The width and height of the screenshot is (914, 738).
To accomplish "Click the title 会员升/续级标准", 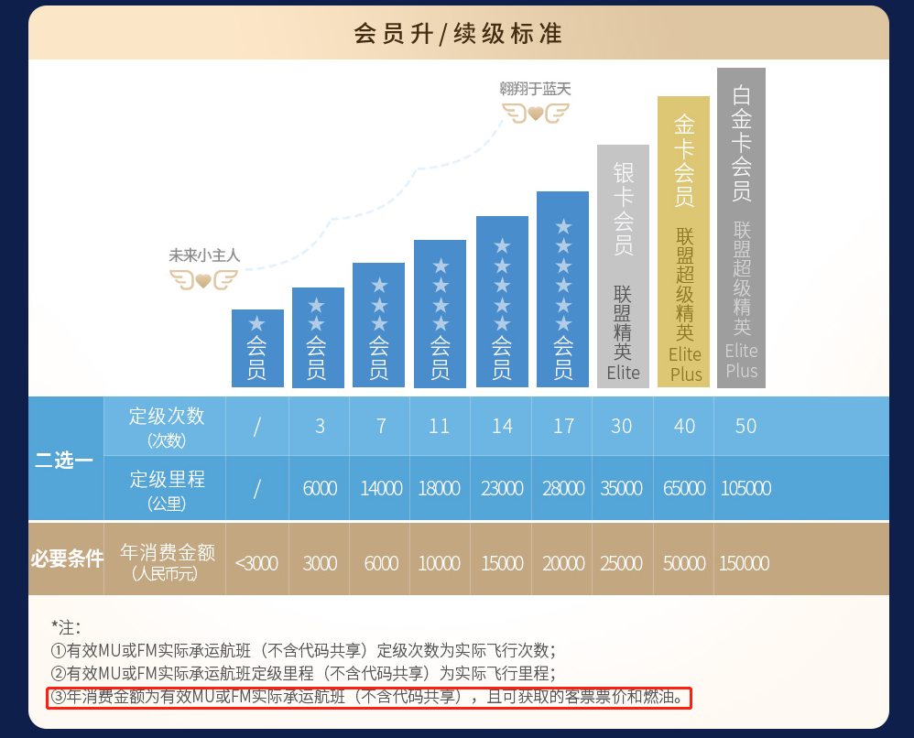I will [457, 34].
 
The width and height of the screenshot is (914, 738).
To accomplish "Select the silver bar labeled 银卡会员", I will [623, 266].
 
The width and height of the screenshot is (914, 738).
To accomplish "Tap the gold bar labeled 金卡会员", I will [683, 241].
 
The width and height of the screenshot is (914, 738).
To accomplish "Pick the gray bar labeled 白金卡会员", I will [741, 227].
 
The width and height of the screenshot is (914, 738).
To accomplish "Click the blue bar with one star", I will [257, 349].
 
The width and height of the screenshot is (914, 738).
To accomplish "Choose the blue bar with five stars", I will [502, 302].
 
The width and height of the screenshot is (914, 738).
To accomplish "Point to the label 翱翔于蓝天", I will [535, 89].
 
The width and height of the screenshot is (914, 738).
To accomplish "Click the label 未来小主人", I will [204, 256].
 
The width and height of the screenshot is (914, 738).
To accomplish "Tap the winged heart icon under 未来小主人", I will [203, 279].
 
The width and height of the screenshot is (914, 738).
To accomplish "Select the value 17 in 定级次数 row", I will [563, 426].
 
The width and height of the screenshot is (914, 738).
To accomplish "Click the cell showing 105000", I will [745, 488].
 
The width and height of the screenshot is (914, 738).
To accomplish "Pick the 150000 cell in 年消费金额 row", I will [744, 563].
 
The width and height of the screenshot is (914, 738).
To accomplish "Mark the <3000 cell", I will [256, 563].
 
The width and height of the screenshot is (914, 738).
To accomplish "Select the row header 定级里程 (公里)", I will [167, 488].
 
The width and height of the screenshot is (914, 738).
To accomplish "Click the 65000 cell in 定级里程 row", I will [684, 488].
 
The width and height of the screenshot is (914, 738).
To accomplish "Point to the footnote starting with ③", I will [368, 699].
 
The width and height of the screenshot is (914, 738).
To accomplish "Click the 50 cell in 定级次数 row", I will [745, 426].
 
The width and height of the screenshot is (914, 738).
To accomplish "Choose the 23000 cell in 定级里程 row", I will [502, 488].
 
